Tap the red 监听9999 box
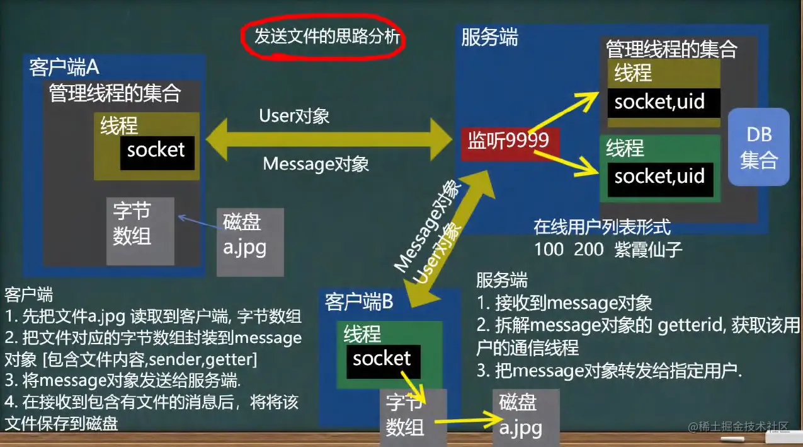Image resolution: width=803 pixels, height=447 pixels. (510, 141)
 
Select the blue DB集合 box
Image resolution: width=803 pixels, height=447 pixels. (758, 147)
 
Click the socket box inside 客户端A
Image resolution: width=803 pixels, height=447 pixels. (157, 151)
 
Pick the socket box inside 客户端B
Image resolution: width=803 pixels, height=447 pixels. (382, 359)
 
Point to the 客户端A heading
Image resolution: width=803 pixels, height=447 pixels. (64, 67)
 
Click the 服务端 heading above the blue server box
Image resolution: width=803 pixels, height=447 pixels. (489, 38)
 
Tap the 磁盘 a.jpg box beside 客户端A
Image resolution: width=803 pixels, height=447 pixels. (249, 241)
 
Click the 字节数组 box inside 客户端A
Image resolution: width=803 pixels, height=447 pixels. (140, 231)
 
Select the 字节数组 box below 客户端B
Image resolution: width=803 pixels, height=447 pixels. (413, 417)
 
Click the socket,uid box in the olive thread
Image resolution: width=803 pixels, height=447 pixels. (659, 102)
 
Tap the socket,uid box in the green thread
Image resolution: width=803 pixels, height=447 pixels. (659, 176)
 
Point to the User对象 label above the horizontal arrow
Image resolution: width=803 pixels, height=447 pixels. (294, 116)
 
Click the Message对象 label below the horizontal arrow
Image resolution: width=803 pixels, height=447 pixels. (316, 164)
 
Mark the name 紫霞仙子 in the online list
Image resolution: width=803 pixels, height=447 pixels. (649, 249)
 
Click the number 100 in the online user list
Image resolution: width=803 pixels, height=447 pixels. (549, 249)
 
